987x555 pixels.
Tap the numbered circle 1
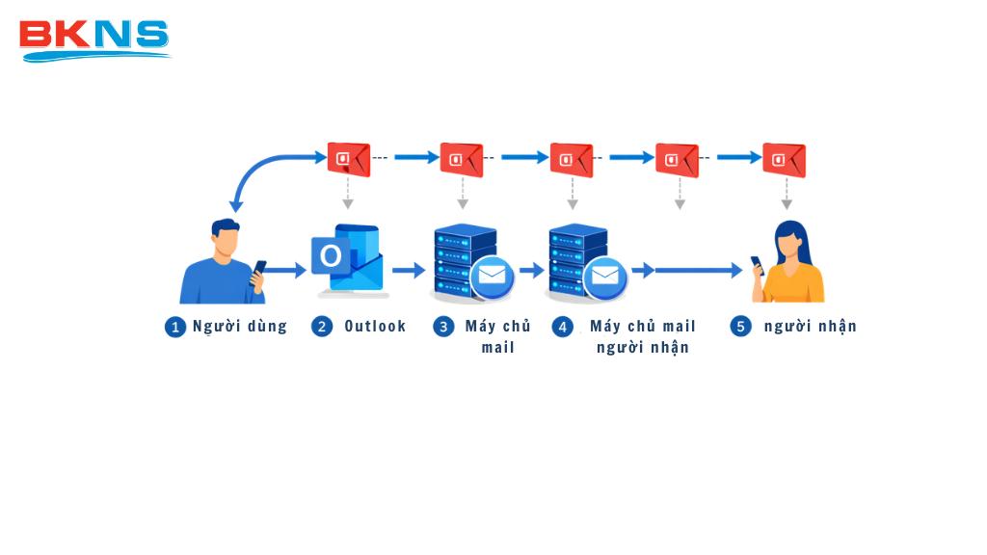click(174, 327)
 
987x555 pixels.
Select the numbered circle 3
click(443, 327)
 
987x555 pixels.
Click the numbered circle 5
click(740, 327)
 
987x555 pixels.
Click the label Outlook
click(375, 327)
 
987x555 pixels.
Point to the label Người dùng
click(240, 327)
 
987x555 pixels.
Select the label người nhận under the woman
click(810, 327)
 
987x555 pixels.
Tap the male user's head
click(226, 237)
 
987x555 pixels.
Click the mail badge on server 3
click(492, 277)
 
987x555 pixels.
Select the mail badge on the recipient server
click(604, 277)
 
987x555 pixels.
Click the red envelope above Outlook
click(348, 159)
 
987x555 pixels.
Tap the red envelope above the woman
click(784, 160)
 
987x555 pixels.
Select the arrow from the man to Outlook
click(284, 271)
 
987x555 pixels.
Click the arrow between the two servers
click(532, 271)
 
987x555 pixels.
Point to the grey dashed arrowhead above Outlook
click(348, 203)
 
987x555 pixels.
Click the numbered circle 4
click(563, 327)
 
